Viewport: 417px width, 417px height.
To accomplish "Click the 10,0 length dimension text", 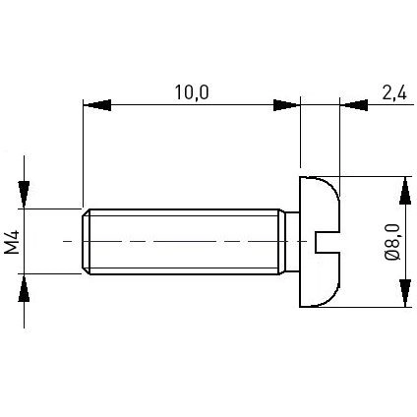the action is pos(192,92).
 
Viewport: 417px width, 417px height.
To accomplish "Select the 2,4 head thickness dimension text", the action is pos(394,92).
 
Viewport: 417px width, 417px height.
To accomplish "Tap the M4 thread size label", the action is pos(12,242).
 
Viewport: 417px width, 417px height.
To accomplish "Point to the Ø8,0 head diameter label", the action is pos(392,242).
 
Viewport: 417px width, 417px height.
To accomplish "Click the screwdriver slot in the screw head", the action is pos(328,242).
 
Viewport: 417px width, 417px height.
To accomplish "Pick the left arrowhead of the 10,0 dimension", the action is pos(97,105).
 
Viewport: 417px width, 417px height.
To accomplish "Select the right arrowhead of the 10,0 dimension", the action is pos(286,105).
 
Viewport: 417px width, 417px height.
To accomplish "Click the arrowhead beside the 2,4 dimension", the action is pos(354,105).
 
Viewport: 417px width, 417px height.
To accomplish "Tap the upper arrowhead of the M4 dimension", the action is pos(24,195).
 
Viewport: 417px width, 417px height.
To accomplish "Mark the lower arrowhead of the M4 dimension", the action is pos(24,288).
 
